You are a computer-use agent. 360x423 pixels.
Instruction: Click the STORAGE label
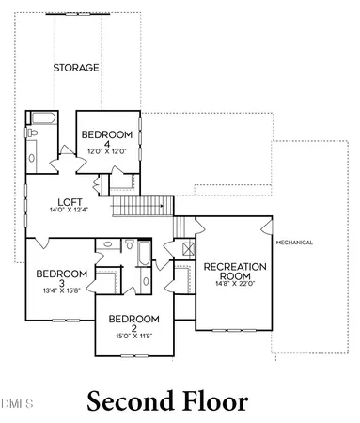click(77, 67)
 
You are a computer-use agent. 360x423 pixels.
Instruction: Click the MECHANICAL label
click(294, 243)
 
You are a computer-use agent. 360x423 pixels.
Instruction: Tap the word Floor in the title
click(215, 402)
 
